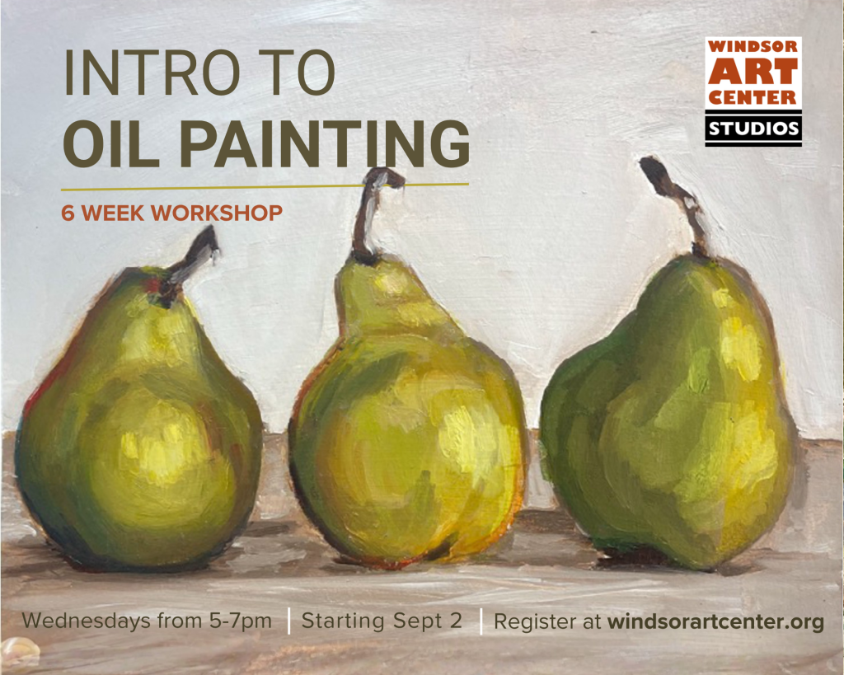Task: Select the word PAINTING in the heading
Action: [325, 143]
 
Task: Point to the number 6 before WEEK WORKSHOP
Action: [68, 213]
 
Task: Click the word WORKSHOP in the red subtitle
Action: [217, 213]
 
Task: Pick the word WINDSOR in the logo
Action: [753, 46]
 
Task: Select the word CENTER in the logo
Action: [753, 97]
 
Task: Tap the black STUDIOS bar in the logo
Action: [753, 129]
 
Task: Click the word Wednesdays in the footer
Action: [86, 621]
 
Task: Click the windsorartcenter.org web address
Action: [716, 622]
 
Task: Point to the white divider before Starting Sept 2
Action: [289, 621]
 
